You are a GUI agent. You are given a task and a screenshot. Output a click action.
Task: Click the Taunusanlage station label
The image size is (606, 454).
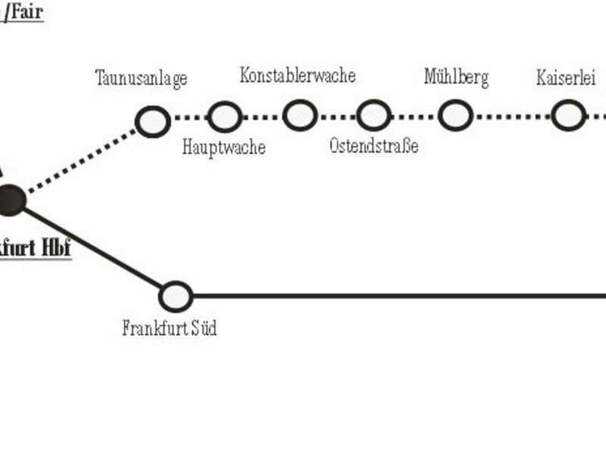pyautogui.click(x=141, y=78)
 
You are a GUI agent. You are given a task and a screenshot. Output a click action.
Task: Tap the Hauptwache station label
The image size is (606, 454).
pyautogui.click(x=223, y=147)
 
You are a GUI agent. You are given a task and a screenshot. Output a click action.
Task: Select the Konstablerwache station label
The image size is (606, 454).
pyautogui.click(x=298, y=75)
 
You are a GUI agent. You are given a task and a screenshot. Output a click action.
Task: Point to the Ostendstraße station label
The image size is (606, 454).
pyautogui.click(x=373, y=145)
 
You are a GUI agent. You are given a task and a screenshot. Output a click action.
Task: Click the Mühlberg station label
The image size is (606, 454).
pyautogui.click(x=456, y=76)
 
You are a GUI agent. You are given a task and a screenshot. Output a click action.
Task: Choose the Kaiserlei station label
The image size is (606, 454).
pyautogui.click(x=566, y=77)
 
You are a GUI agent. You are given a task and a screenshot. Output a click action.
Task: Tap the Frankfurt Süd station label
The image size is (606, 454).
pyautogui.click(x=170, y=328)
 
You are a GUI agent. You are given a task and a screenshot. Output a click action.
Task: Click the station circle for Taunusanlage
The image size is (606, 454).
pyautogui.click(x=152, y=121)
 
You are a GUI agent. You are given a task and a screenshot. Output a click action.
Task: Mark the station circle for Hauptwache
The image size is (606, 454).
pyautogui.click(x=225, y=117)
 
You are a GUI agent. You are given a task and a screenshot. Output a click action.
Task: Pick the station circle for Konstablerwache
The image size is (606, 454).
pyautogui.click(x=300, y=116)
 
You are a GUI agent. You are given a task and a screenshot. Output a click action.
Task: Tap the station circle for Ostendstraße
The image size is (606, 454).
pyautogui.click(x=373, y=116)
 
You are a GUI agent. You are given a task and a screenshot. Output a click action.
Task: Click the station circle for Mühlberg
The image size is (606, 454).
pyautogui.click(x=455, y=116)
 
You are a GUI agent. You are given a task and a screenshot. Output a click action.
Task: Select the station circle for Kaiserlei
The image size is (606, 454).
pyautogui.click(x=567, y=116)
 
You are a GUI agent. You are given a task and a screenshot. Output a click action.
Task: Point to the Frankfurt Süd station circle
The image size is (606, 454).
pyautogui.click(x=176, y=296)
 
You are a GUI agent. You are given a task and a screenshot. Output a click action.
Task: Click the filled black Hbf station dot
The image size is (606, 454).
pyautogui.click(x=10, y=199)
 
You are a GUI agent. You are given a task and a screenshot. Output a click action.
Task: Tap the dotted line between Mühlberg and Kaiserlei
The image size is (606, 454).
pyautogui.click(x=511, y=117)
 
